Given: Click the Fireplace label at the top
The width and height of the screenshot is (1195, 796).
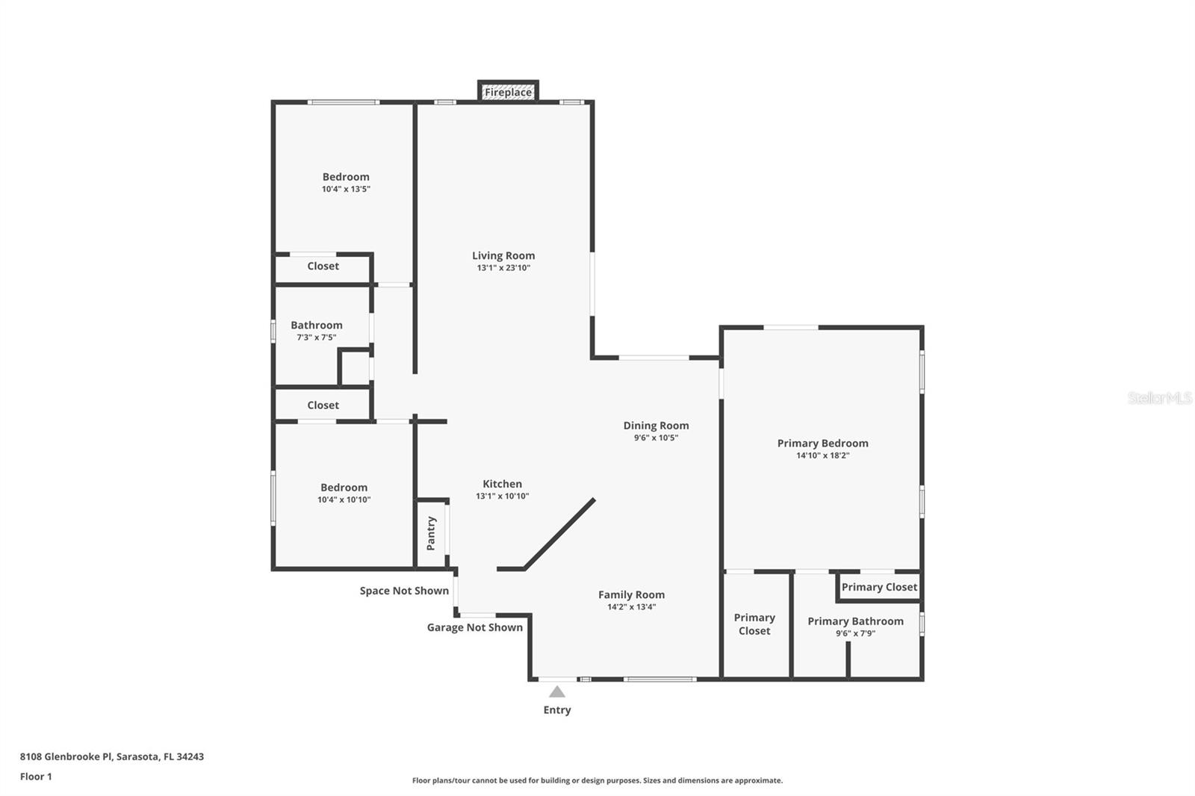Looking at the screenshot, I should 508,93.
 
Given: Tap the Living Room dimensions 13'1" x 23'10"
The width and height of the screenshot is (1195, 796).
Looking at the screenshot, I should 503,268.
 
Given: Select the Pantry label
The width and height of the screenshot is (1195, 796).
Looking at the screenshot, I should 431,533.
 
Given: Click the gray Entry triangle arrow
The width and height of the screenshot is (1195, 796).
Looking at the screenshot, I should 557,691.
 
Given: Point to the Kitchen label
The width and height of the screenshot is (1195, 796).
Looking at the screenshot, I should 502,484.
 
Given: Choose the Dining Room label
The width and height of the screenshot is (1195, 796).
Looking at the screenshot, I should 656,426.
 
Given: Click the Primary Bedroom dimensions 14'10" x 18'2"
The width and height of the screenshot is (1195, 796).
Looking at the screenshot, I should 822,455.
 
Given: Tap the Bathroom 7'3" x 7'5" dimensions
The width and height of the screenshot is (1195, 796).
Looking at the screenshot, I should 316,338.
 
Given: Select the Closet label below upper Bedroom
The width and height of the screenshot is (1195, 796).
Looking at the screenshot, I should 323,266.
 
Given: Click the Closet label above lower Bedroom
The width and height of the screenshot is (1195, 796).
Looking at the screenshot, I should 323,405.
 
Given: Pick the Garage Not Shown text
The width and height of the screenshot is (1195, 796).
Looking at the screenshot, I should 474,627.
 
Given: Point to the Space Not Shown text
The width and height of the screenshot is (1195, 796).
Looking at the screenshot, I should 404,591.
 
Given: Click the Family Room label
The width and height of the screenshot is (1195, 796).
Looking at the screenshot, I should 631,595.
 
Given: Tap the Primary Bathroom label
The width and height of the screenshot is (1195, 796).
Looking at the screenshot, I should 855,621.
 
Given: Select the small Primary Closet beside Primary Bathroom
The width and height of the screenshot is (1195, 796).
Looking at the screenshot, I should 879,587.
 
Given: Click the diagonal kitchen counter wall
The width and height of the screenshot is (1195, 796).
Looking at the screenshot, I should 559,534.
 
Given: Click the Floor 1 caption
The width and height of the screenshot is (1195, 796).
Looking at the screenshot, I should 36,777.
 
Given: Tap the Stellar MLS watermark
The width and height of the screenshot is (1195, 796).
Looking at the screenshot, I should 1159,398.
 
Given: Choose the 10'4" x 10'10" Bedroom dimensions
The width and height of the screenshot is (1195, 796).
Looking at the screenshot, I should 344,500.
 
